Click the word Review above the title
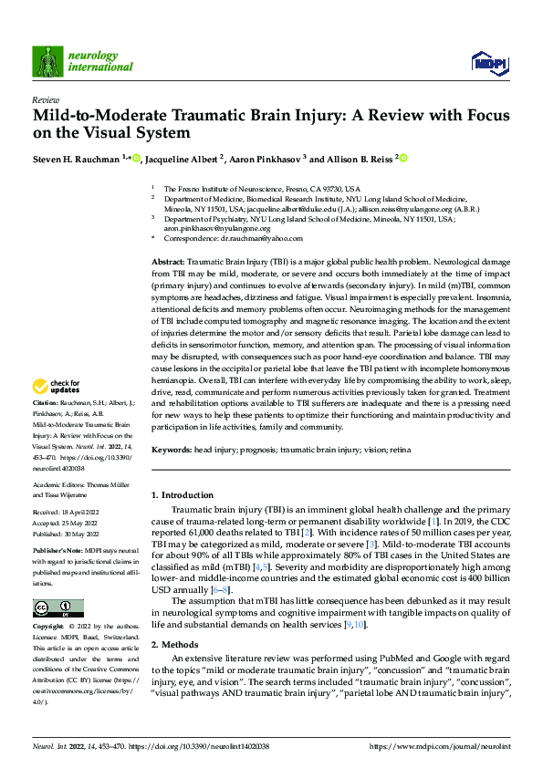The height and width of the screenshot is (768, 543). point(45,99)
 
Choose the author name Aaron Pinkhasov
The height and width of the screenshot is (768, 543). point(265,159)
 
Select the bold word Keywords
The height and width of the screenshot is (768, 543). point(172,450)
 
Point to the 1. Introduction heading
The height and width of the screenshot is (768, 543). point(183,495)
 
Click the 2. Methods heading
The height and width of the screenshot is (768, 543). point(175,644)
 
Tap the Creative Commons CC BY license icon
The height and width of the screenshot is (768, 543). point(57,607)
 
